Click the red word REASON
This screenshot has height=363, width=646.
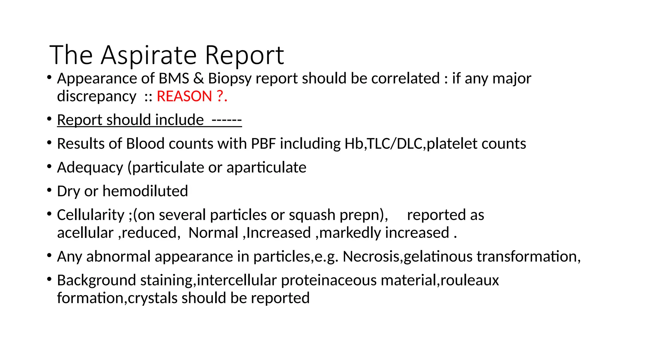pyautogui.click(x=184, y=96)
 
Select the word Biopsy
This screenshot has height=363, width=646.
pyautogui.click(x=230, y=79)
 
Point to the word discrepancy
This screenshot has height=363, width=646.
pyautogui.click(x=97, y=96)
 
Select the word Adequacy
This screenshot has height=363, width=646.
pyautogui.click(x=90, y=168)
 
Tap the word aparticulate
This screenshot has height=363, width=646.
pyautogui.click(x=266, y=168)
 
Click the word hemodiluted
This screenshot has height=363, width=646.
pyautogui.click(x=145, y=191)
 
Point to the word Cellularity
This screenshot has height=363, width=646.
pyautogui.click(x=91, y=215)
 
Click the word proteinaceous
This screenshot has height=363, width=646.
pyautogui.click(x=329, y=280)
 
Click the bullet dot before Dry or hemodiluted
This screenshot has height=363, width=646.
pyautogui.click(x=49, y=190)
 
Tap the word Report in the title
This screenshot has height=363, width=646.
pyautogui.click(x=244, y=55)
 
